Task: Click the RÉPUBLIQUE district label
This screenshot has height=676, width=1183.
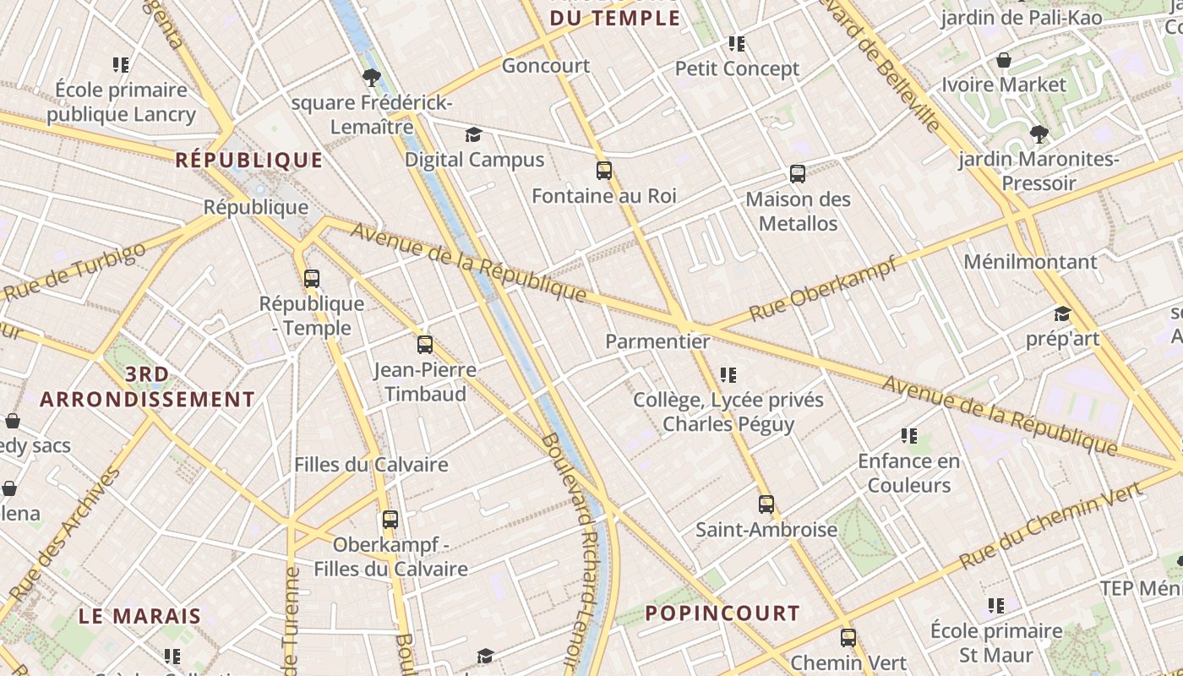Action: (249, 160)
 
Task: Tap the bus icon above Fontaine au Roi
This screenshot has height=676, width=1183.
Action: (604, 171)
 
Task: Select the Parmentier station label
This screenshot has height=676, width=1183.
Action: (657, 341)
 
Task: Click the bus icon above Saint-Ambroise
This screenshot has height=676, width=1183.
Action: (766, 504)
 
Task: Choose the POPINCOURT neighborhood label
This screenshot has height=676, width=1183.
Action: (722, 613)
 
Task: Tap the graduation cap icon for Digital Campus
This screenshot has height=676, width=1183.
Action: (473, 135)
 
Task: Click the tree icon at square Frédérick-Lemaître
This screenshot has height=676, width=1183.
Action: (370, 79)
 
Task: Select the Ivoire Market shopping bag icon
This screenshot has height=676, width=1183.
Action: (1004, 60)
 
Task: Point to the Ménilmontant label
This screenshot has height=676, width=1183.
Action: (1030, 262)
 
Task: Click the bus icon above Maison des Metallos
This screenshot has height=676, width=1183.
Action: (798, 174)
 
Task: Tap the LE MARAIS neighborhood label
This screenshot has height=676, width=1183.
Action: (140, 616)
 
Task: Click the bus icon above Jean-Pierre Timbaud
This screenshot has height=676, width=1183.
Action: (425, 345)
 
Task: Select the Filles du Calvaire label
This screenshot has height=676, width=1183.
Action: (371, 465)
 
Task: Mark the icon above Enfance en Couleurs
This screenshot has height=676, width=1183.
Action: (908, 436)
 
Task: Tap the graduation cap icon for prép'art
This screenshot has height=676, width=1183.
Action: (1062, 314)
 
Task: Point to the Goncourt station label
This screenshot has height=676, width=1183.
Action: (546, 66)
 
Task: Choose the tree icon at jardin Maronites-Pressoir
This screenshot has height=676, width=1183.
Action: (1039, 134)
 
